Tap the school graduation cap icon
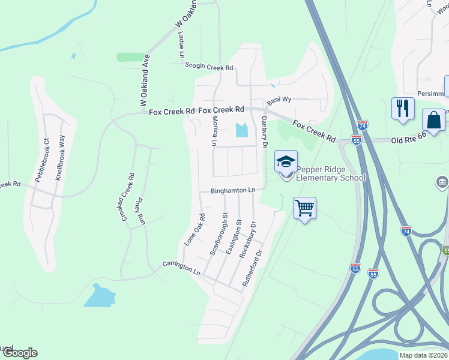tap(286, 161)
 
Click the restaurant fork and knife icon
tap(402, 109)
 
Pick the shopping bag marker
tap(433, 119)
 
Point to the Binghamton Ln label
tap(233, 190)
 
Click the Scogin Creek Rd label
tap(209, 68)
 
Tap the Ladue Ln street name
tap(181, 45)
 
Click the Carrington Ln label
tap(181, 268)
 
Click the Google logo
tap(19, 353)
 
